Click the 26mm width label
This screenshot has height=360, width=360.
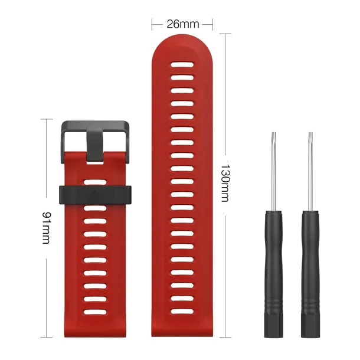[x=183, y=24]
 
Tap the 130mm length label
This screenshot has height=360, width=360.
[x=225, y=183]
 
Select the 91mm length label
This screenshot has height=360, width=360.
[x=47, y=228]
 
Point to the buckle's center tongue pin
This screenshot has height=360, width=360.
[x=95, y=143]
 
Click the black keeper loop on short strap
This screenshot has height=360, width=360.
[x=95, y=195]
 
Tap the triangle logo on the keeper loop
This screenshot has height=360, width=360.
[x=95, y=195]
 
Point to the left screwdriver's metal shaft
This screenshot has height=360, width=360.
[x=273, y=172]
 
